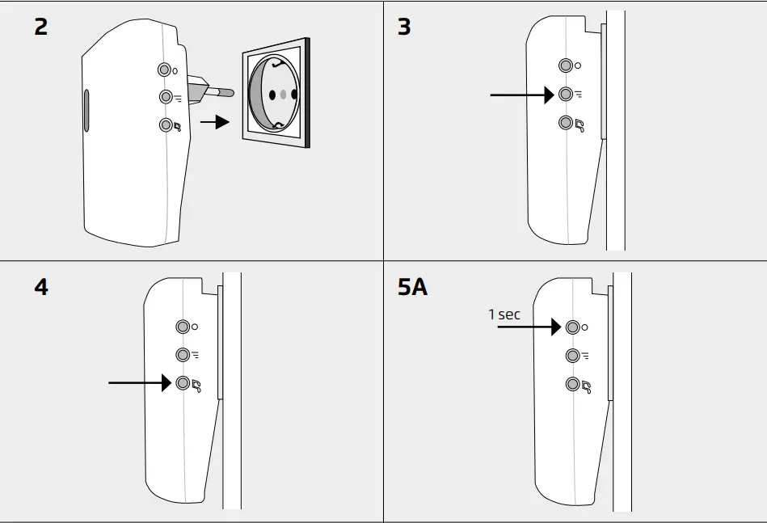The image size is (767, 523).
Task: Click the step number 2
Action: pos(41,27)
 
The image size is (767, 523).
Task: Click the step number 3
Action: pos(404,27)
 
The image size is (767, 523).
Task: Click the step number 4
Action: pos(41,287)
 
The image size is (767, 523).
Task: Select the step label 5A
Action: pos(412,287)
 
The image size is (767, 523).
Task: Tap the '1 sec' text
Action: pos(504,314)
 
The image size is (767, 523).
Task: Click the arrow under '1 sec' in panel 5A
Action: pos(529,327)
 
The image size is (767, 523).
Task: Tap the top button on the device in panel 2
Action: pos(165,70)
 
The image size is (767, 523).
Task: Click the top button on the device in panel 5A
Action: pos(573,327)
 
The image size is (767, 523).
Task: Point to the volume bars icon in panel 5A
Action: pos(585,356)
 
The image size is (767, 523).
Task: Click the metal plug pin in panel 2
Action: pos(223,93)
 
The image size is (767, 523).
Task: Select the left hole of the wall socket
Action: pos(272,95)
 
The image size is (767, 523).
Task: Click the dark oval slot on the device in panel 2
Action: pos(86,111)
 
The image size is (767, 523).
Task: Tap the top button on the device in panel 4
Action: pos(183,327)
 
